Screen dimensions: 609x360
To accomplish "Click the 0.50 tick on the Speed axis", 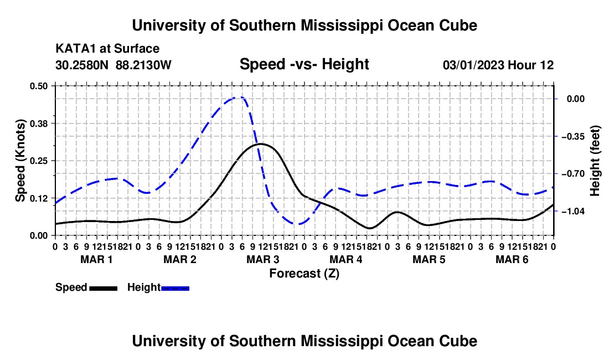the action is pos(38,86).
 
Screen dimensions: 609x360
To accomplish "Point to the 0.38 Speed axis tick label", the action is pos(38,124).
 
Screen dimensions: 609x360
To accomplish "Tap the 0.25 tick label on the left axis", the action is pos(38,161).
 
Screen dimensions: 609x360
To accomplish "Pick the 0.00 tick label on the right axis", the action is pos(576,99).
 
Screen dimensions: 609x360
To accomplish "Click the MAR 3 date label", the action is pos(262,259).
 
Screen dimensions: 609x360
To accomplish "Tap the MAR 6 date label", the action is pos(512,259).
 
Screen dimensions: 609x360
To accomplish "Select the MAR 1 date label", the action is pos(96,259).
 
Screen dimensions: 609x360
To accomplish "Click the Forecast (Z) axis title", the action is pos(304,274).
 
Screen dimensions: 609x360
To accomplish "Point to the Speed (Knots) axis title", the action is pos(20,161).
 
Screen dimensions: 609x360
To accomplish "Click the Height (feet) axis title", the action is pos(595,161).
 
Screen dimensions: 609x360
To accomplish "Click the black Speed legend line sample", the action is pos(104,289).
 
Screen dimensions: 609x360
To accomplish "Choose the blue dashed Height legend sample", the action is pos(175,289).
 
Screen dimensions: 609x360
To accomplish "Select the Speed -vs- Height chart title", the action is pos(304,64).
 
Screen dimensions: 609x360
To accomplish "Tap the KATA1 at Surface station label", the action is pos(107,49).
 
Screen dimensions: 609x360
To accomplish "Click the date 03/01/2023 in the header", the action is pos(473,65).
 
